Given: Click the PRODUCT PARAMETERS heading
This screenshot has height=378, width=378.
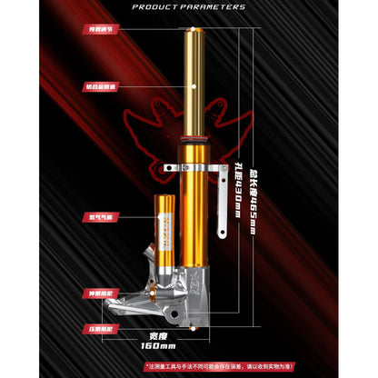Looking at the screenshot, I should coord(189,6).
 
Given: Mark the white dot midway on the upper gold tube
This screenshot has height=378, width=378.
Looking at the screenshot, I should coord(199,86).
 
